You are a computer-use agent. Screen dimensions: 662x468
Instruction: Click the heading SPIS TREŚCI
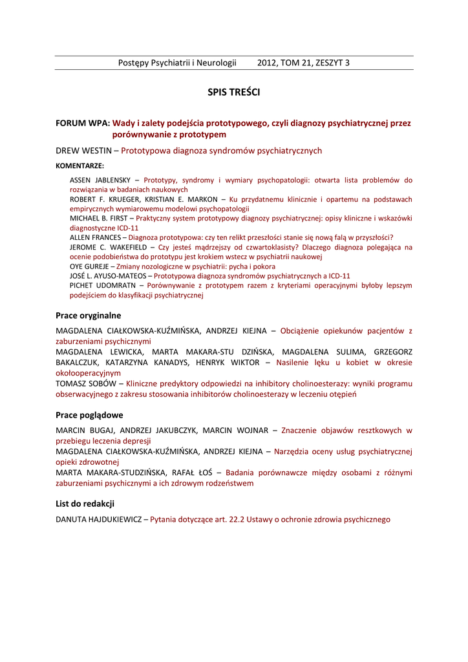tap(233, 92)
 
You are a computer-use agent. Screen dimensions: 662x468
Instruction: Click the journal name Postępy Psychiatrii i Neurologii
tap(177, 63)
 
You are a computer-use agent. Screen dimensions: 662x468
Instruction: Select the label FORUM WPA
tap(82, 122)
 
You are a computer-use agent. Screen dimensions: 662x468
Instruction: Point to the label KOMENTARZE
tap(80, 165)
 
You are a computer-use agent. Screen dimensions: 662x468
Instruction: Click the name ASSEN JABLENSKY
tap(100, 180)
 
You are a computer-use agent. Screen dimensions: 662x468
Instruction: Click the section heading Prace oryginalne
tap(89, 315)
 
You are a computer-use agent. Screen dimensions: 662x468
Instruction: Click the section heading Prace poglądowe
tap(89, 415)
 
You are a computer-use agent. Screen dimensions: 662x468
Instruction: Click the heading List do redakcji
tap(85, 504)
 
